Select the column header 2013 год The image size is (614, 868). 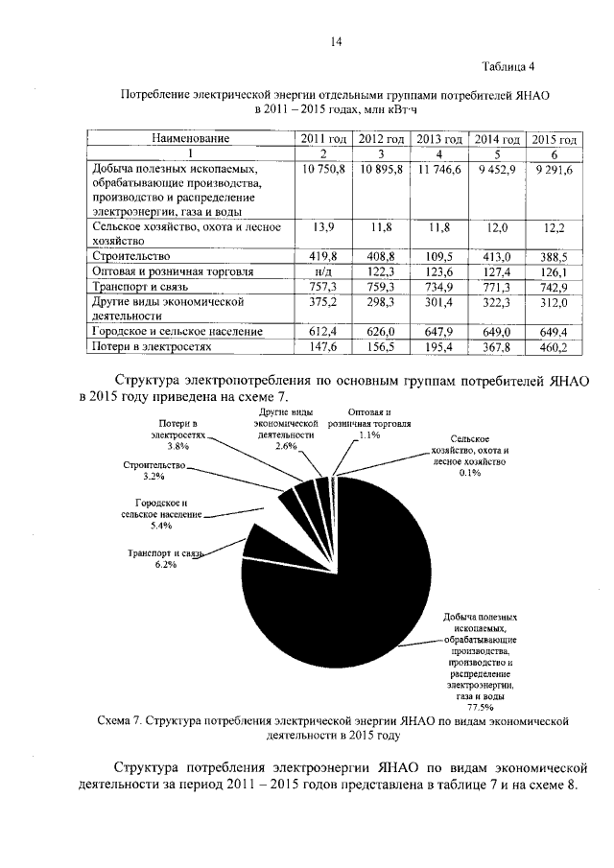pos(439,140)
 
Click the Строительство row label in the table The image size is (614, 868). pos(131,256)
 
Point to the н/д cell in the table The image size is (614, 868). pos(323,271)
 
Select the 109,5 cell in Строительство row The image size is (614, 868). pos(438,256)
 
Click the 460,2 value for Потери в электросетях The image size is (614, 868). pos(555,346)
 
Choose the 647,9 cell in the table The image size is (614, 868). pos(438,331)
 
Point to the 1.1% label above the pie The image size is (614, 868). pos(368,434)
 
